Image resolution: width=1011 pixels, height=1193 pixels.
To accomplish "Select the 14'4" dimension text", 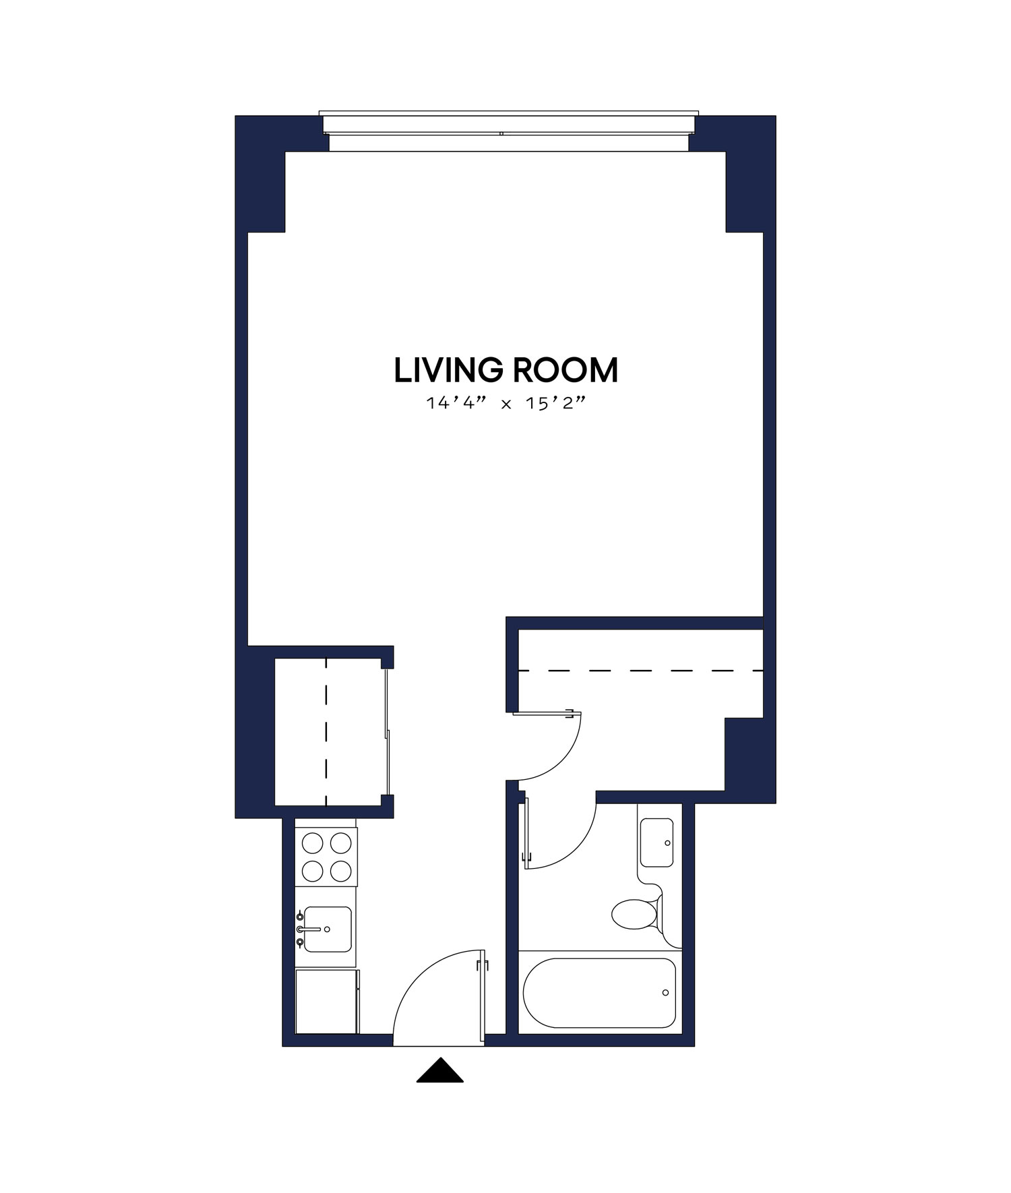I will point(456,404).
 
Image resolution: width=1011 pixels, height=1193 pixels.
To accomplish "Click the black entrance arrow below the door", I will point(439,1072).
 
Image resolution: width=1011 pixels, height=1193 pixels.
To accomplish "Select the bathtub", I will point(599,993).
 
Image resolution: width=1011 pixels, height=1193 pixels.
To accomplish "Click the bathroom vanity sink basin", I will point(656,843).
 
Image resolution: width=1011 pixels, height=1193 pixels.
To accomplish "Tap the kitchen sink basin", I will point(328,929).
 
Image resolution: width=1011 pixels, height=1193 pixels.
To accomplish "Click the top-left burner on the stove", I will point(312,843).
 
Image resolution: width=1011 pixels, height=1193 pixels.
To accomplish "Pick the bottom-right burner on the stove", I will point(341,871).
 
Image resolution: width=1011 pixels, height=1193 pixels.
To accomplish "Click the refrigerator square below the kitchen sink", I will point(326,1002).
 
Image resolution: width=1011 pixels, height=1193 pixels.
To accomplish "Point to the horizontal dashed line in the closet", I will point(640,671).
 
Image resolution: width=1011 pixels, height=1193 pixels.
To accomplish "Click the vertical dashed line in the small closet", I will point(326,732).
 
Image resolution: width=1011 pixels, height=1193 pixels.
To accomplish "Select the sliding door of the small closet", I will point(388,732).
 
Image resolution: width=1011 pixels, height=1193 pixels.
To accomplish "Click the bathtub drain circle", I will point(665,993).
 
